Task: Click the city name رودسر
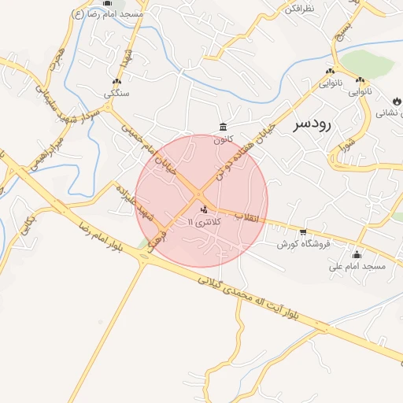(x=312, y=124)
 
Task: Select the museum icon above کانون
(x=224, y=128)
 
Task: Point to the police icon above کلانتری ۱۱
(x=205, y=209)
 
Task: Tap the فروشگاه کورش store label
(x=300, y=244)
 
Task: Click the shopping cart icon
(x=303, y=231)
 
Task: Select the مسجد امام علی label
(x=357, y=267)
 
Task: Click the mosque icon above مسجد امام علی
(x=357, y=254)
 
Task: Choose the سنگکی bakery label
(x=117, y=94)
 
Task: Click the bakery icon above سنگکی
(x=117, y=82)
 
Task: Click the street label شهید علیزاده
(x=132, y=202)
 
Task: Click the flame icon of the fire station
(x=397, y=102)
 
